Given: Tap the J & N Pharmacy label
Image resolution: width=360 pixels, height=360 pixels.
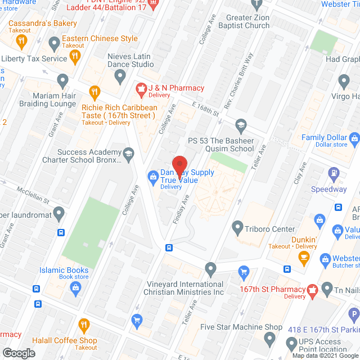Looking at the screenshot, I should pyautogui.click(x=175, y=88).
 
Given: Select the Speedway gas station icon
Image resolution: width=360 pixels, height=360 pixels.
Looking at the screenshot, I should pyautogui.click(x=334, y=173).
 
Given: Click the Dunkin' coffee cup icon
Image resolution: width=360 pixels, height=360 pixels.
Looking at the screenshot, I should pyautogui.click(x=304, y=259).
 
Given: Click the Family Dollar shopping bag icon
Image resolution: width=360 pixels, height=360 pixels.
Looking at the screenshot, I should pyautogui.click(x=354, y=138).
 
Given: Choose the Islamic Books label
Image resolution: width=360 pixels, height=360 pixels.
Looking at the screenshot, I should pyautogui.click(x=64, y=270).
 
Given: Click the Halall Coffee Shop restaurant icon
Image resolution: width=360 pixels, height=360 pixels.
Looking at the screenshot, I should pyautogui.click(x=84, y=324).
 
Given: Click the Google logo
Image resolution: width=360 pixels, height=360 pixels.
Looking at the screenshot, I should pyautogui.click(x=19, y=353).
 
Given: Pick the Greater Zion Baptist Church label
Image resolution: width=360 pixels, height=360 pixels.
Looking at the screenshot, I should pyautogui.click(x=256, y=21).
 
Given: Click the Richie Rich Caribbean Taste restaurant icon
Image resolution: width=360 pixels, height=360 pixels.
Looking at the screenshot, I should pyautogui.click(x=94, y=91).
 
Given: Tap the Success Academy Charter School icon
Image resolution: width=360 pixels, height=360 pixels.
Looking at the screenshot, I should pyautogui.click(x=129, y=153).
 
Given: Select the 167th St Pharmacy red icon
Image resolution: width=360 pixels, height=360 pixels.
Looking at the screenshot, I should pyautogui.click(x=312, y=290).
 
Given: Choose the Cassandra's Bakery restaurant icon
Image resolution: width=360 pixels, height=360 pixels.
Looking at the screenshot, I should pyautogui.click(x=21, y=40).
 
